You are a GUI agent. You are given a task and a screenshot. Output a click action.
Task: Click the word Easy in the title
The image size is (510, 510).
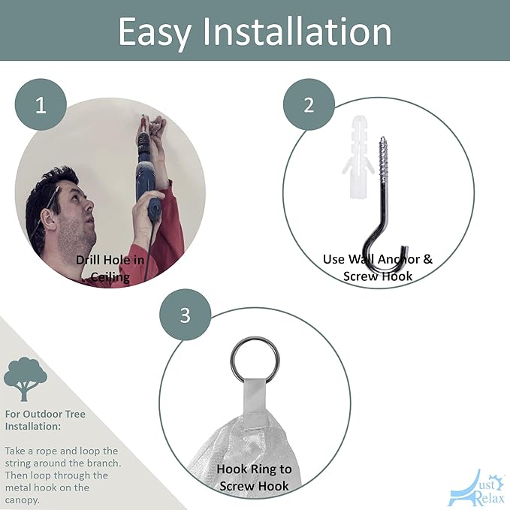coord(154,32)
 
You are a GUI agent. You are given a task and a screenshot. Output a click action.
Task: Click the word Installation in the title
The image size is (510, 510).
coord(297,31)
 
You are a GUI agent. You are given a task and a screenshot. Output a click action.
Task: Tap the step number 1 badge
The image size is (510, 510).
coord(41,104)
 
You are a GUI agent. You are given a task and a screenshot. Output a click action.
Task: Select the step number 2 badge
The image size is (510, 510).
coord(309,104)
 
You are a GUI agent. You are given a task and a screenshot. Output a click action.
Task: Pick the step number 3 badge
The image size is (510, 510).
coord(185,315)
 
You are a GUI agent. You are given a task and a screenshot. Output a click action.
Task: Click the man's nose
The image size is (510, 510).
coord(89,205)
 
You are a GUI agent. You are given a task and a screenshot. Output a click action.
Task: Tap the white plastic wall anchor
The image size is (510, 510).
coord(357,156)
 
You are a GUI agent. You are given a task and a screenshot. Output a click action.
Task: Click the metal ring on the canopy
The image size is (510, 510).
coord(255,361)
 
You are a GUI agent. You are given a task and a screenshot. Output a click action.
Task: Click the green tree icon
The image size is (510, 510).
coord(26,379)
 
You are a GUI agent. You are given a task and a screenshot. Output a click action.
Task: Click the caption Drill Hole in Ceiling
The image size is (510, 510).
coord(110,268)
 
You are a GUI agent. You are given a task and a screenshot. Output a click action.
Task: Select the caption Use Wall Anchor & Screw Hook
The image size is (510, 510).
coord(378,267)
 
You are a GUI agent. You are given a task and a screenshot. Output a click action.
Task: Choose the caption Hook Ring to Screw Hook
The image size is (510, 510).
coord(254,478)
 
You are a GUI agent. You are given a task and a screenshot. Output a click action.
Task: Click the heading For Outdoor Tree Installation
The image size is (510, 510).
coord(45,420)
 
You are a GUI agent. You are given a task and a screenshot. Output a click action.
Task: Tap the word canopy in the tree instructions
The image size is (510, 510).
coord(22,500)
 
